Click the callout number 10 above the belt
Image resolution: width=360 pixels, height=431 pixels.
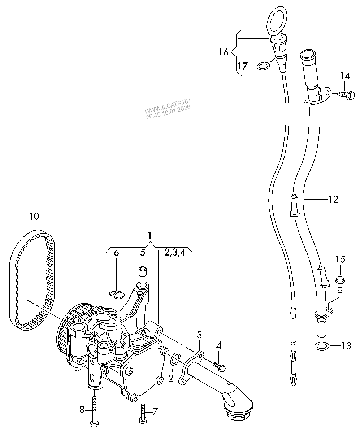tap(34, 217)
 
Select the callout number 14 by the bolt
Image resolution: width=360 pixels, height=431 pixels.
tap(344, 76)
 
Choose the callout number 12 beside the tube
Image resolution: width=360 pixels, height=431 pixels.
tap(333, 199)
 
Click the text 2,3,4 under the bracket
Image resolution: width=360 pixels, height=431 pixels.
tap(175, 252)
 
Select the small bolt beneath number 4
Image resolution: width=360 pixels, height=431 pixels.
tap(219, 367)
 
